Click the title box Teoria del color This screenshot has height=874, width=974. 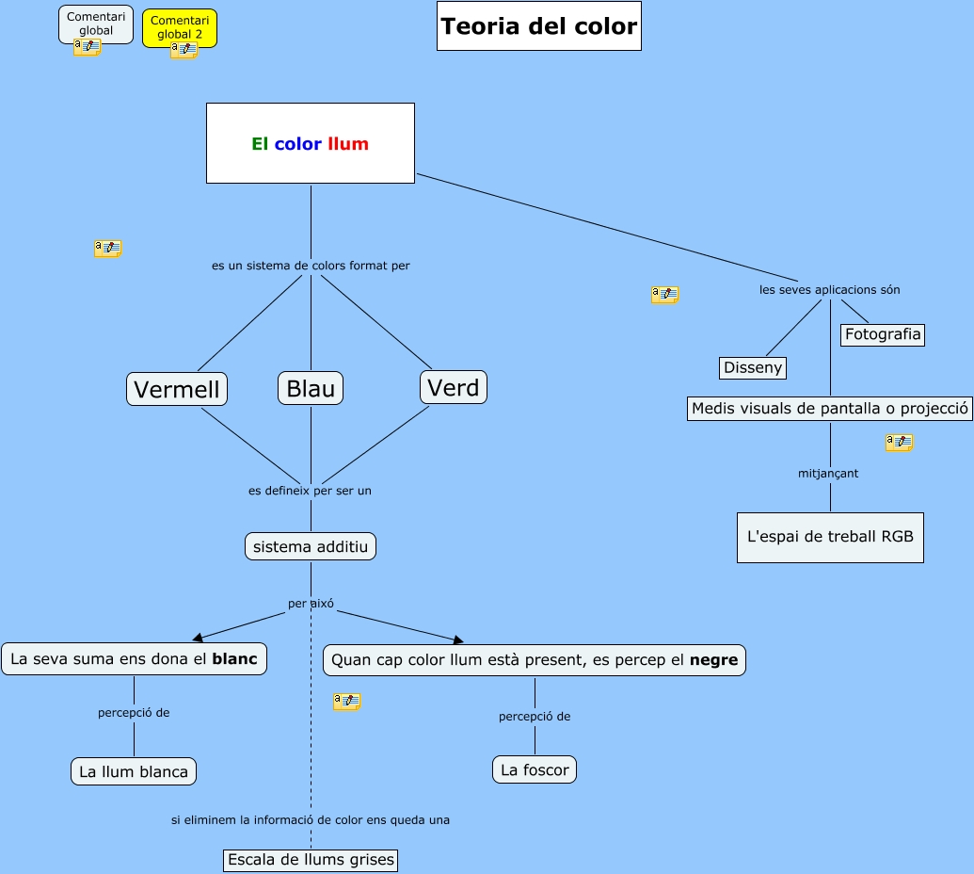[x=539, y=26]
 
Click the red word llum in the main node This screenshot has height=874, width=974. [x=348, y=144]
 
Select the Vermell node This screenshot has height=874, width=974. [x=177, y=389]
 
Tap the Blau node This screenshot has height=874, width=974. [x=311, y=388]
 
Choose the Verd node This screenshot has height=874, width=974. [x=454, y=387]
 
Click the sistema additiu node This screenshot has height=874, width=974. [x=311, y=546]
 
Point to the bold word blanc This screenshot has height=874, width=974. [x=234, y=659]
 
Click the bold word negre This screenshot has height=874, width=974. [x=713, y=660]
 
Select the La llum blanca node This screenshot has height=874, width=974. [x=134, y=771]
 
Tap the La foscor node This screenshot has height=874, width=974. [x=535, y=769]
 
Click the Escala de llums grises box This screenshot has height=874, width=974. [x=311, y=860]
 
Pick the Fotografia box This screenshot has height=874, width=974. [x=883, y=334]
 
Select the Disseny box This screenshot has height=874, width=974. [x=753, y=367]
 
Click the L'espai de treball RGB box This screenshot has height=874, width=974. [x=830, y=537]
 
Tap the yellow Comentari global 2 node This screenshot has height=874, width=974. [x=180, y=26]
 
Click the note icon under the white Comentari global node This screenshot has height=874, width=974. [x=87, y=47]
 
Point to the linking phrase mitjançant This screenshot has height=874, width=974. [x=828, y=474]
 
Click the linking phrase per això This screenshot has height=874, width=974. [x=311, y=603]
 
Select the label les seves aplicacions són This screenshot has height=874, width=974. [x=830, y=289]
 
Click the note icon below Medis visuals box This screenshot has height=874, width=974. [x=899, y=442]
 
